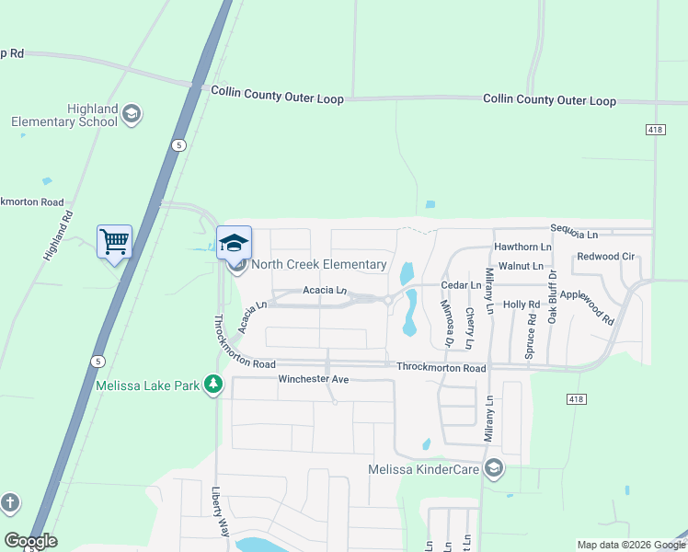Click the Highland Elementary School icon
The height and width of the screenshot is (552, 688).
click(x=131, y=114)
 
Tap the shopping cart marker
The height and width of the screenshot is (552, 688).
click(x=114, y=242)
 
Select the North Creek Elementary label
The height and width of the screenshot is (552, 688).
click(x=318, y=265)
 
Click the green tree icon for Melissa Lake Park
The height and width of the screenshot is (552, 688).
click(x=213, y=385)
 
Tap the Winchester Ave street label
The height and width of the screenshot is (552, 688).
click(x=314, y=379)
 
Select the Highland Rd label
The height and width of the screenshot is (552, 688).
click(x=57, y=236)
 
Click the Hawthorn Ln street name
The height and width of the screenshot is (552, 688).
click(x=522, y=247)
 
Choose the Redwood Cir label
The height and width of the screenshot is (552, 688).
click(x=606, y=256)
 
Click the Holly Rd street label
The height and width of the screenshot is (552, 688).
click(x=521, y=304)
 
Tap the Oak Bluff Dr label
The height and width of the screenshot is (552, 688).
click(x=553, y=295)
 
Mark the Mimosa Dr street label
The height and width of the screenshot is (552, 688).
click(x=447, y=323)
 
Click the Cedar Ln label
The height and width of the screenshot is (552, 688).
click(x=463, y=285)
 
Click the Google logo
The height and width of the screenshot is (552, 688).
click(x=30, y=541)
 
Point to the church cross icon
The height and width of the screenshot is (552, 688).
click(x=9, y=502)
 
